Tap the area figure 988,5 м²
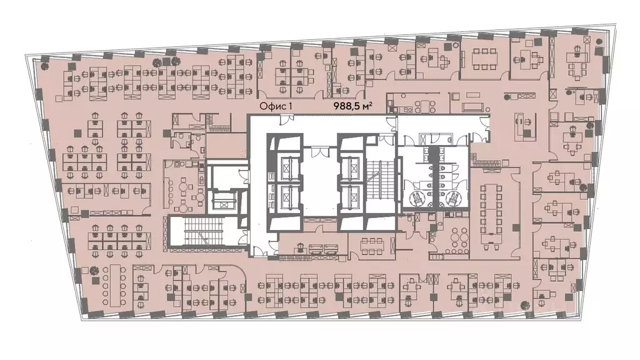pyautogui.click(x=352, y=106)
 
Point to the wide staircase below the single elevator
pyautogui.click(x=202, y=231)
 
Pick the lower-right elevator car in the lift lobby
pyautogui.click(x=350, y=195)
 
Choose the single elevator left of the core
pyautogui.click(x=222, y=202)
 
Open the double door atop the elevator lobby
pyautogui.click(x=319, y=152)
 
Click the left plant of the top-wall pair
pyautogui.click(x=156, y=62)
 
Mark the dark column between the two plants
pyautogui.click(x=166, y=62)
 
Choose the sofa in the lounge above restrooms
pyautogui.click(x=474, y=107)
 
